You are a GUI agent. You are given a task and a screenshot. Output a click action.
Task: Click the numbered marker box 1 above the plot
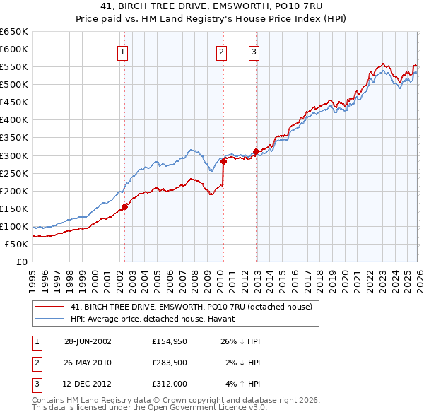point(123,51)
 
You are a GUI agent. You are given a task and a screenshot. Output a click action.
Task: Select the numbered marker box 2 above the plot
point(221,51)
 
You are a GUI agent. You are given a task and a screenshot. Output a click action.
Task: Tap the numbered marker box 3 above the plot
point(254,51)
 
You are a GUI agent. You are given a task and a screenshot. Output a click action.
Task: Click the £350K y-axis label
point(14,138)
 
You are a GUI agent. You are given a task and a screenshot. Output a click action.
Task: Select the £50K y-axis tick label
point(17,244)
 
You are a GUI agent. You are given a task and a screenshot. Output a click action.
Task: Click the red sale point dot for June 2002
point(125,206)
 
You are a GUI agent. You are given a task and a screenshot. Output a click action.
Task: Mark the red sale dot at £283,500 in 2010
point(223,161)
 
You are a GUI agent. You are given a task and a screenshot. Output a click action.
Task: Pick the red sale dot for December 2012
point(255,151)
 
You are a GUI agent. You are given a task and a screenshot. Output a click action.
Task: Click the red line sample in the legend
point(50,307)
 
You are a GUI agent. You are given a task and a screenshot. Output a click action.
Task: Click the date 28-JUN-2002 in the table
point(88,341)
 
